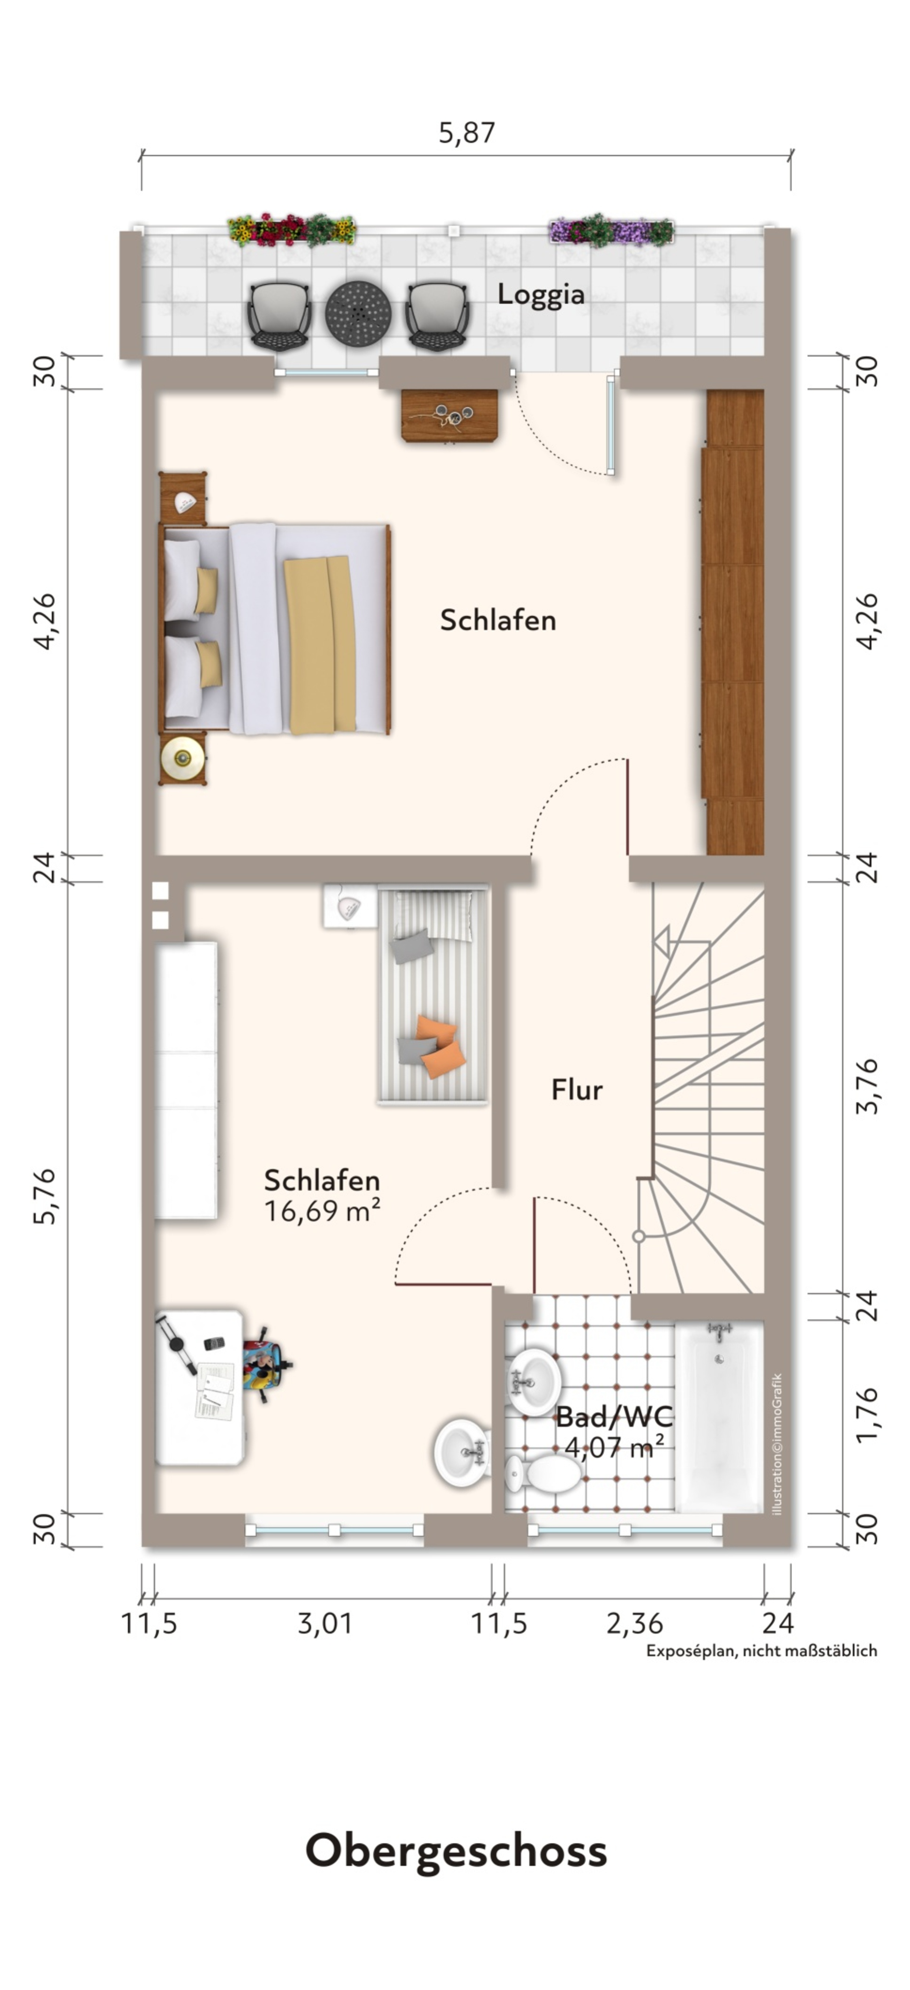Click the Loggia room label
point(541,294)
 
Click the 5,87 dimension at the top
point(467,133)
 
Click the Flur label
point(576,1090)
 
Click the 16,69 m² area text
point(322,1211)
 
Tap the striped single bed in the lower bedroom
point(433,996)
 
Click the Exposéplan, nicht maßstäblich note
point(762,1651)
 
